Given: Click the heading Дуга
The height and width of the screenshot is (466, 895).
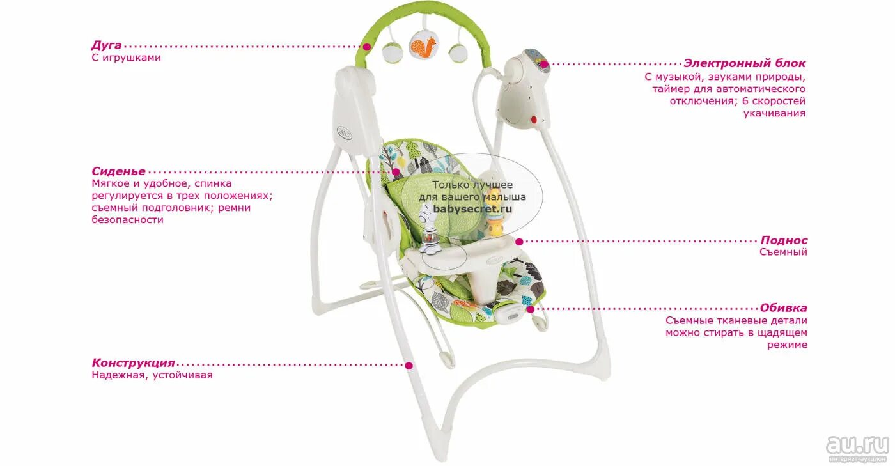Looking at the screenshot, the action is click(107, 45).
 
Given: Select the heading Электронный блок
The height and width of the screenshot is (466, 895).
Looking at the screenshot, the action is click(745, 63).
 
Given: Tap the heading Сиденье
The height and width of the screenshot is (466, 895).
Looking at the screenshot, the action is click(118, 171).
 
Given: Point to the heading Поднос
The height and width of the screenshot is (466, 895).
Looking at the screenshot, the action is click(784, 240).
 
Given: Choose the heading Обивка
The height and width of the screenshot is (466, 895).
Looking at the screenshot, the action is click(783, 308).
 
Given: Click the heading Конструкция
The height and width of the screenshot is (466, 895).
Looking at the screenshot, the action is click(133, 363).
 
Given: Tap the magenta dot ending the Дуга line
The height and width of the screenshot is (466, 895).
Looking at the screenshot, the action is click(367, 47).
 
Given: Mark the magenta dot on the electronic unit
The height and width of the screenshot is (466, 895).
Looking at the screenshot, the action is click(543, 64).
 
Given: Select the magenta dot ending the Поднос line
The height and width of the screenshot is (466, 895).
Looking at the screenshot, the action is click(520, 242).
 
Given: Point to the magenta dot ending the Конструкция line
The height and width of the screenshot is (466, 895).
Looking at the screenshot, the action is click(409, 365).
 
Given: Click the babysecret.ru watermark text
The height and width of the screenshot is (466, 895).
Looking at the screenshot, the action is click(473, 208).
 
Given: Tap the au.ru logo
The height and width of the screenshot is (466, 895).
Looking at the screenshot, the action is click(857, 445).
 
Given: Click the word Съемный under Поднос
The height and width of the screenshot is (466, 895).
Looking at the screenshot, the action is click(783, 252).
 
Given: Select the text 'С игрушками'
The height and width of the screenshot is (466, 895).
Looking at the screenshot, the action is click(126, 58).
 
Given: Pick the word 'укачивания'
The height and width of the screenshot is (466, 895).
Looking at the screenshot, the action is click(774, 113).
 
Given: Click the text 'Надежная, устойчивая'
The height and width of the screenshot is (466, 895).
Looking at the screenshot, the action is click(152, 375).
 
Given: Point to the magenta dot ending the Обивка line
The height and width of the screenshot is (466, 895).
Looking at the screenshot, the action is click(530, 309).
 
